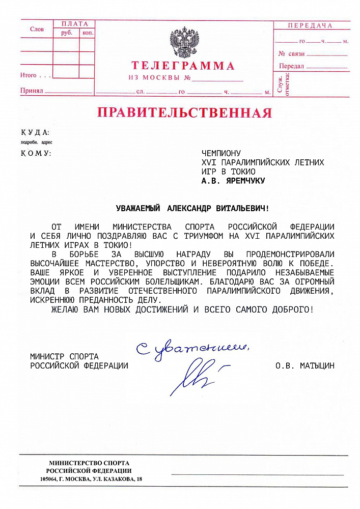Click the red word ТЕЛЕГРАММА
(x=183, y=66)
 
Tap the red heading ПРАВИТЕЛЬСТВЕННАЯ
(x=184, y=112)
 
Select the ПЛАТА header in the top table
(x=74, y=24)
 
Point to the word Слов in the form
(x=37, y=30)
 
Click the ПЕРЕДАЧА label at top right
(x=310, y=25)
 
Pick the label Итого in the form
(x=29, y=76)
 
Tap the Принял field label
(x=32, y=91)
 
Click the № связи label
(x=291, y=53)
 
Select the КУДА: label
(x=35, y=132)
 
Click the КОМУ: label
(x=36, y=153)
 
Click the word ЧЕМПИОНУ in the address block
(x=221, y=153)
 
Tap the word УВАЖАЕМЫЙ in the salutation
(x=138, y=208)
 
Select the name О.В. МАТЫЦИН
(x=304, y=365)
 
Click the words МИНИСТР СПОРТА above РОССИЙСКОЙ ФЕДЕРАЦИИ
(x=64, y=356)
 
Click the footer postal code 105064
(x=50, y=479)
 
